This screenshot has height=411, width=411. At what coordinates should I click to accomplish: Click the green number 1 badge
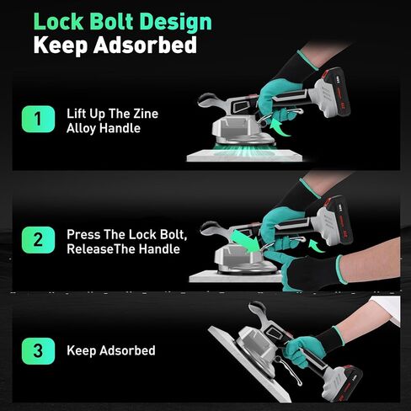36,120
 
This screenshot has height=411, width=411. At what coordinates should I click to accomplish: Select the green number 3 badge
36,350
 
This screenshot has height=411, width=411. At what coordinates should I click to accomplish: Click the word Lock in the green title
61,20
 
